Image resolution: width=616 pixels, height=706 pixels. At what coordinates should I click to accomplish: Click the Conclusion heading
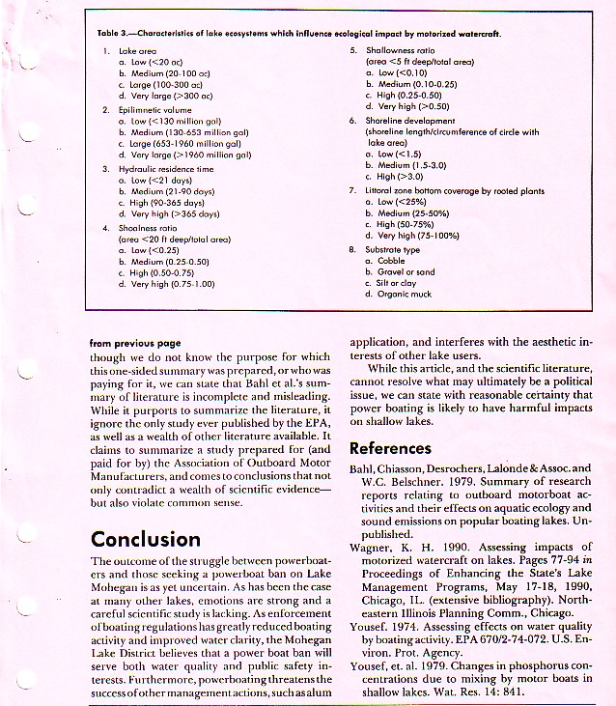coord(146,539)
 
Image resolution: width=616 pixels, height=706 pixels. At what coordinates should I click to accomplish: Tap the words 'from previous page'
coord(135,342)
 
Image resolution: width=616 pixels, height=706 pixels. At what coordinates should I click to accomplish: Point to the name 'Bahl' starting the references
coord(361,469)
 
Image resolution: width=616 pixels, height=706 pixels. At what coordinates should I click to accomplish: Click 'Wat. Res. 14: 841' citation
coord(500,692)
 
